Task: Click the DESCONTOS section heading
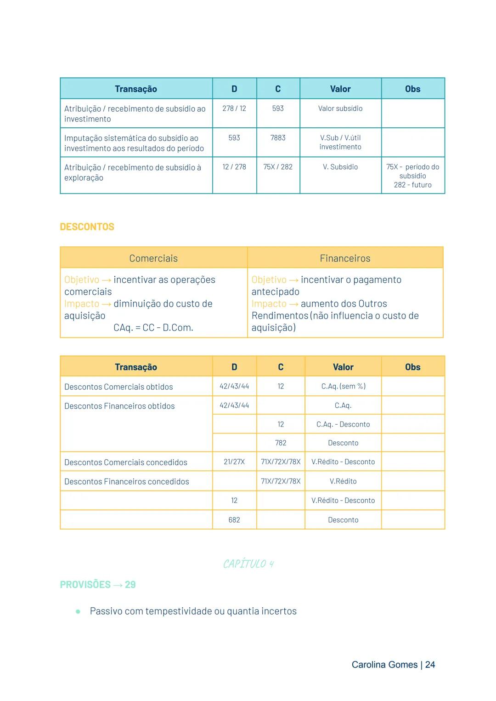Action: [87, 227]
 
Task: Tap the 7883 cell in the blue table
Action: [278, 138]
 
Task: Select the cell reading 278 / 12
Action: [234, 108]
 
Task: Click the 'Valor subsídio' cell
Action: [340, 108]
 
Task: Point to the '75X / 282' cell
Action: [278, 167]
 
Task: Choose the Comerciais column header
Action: [153, 258]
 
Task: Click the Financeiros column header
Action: [345, 258]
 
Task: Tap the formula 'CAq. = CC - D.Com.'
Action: [153, 328]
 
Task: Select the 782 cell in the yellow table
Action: [281, 443]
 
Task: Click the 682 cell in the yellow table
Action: [234, 520]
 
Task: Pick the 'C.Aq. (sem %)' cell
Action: [343, 386]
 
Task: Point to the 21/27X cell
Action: [234, 462]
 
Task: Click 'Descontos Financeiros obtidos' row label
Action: [119, 406]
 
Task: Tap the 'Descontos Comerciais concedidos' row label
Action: [126, 462]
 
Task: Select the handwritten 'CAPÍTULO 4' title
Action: [248, 564]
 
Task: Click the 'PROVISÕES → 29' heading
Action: [98, 585]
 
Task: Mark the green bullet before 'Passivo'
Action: [78, 611]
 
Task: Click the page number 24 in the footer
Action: [430, 665]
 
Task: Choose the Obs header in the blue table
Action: [412, 89]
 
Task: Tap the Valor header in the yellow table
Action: [343, 367]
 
